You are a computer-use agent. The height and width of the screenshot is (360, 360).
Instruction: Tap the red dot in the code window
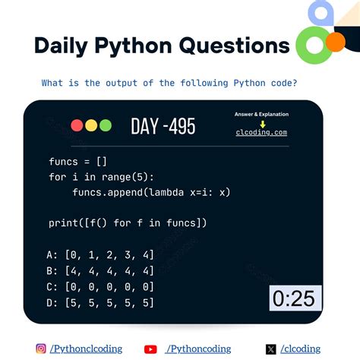[77, 125]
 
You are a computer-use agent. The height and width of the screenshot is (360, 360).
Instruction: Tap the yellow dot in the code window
[91, 125]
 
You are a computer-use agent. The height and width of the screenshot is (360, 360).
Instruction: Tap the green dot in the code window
[106, 125]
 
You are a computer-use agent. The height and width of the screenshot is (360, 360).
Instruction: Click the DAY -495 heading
[163, 126]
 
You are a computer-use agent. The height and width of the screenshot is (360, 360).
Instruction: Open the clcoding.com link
[261, 132]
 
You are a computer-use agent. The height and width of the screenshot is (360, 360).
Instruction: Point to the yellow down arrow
[262, 123]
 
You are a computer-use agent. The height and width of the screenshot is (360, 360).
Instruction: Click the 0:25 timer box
[294, 298]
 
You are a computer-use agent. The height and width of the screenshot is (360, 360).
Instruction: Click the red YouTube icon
[150, 349]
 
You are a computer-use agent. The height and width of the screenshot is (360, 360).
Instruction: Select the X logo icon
[271, 349]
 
